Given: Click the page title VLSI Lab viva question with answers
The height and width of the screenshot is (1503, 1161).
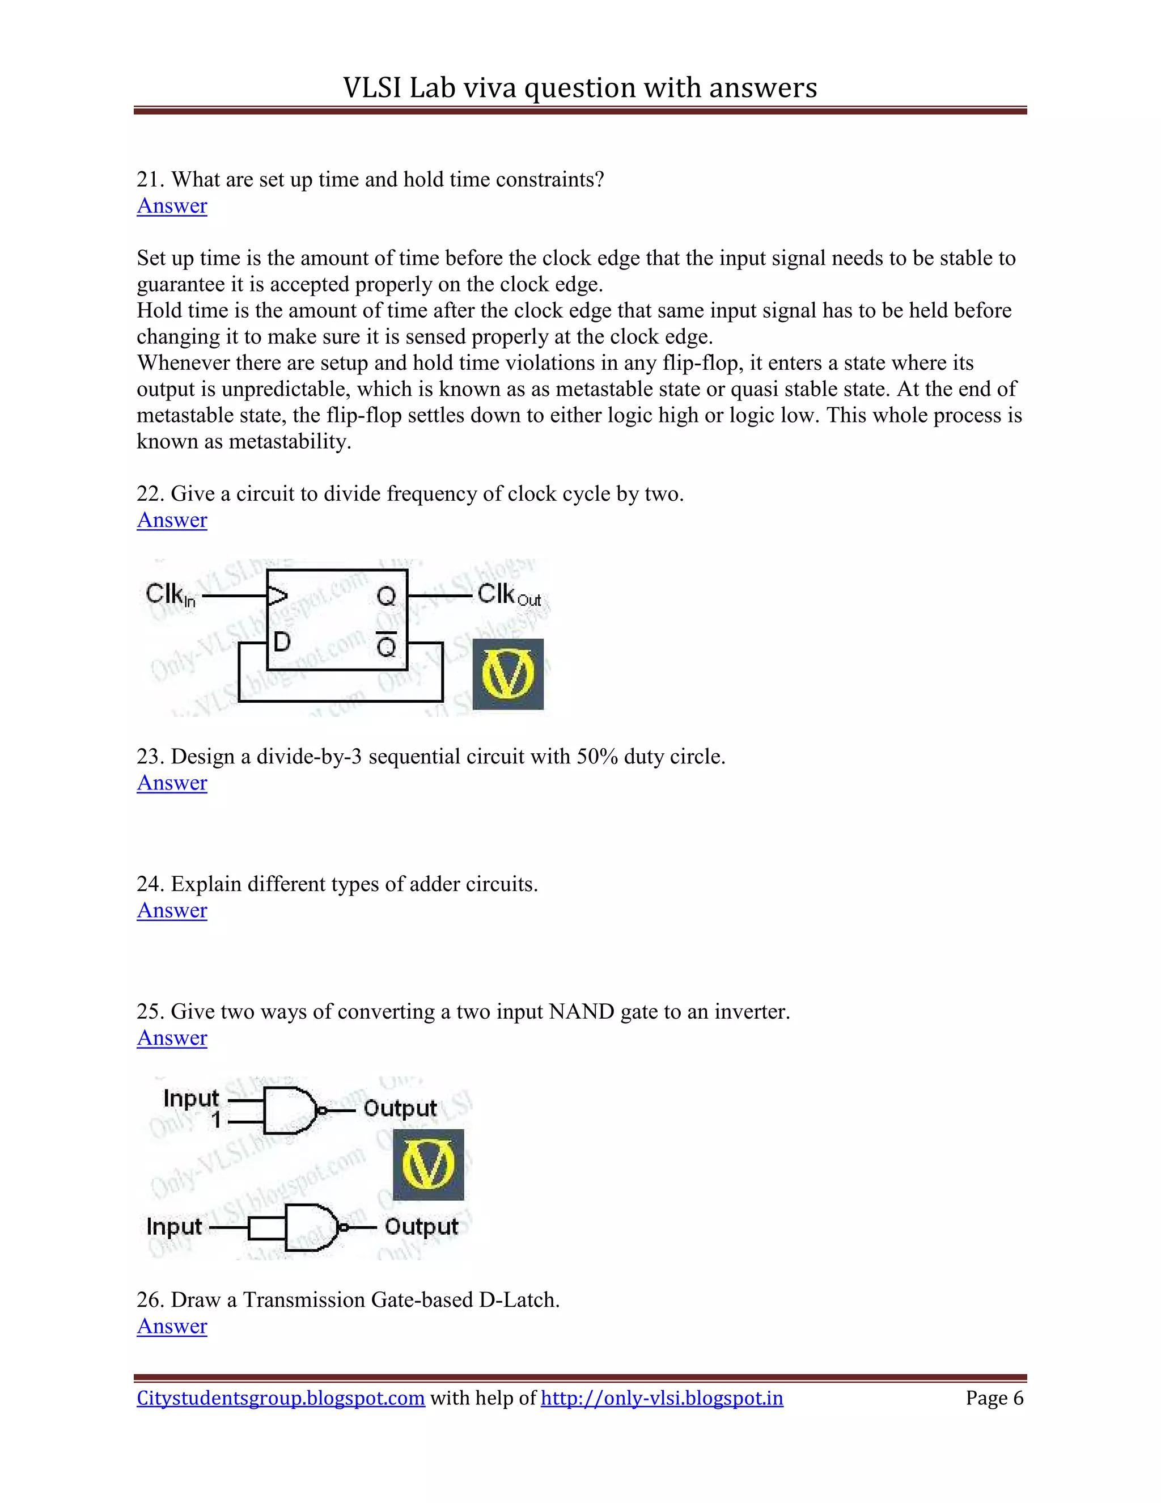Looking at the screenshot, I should click(580, 88).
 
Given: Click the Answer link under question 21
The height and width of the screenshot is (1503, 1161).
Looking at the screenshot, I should click(172, 206).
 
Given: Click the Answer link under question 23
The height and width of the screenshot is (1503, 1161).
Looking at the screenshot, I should click(172, 783).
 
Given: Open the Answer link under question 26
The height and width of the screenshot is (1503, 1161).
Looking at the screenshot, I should click(172, 1326).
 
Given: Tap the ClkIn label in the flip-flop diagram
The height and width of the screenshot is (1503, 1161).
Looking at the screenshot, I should click(170, 594).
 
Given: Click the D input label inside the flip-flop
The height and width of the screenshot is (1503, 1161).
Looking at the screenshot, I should click(282, 643).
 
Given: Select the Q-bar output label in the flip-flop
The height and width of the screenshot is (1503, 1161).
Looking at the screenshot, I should click(387, 645).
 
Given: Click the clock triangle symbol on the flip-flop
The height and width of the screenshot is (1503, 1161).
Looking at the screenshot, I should click(277, 596).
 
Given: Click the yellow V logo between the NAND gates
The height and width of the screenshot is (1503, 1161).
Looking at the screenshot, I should click(428, 1165).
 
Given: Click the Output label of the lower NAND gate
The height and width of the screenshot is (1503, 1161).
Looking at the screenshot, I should click(421, 1227).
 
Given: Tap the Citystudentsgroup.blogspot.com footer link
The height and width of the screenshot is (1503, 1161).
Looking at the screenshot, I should click(281, 1399).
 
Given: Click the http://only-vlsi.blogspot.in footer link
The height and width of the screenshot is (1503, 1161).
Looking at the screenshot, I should click(662, 1399).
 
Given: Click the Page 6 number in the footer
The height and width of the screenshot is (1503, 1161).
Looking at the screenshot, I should click(994, 1399).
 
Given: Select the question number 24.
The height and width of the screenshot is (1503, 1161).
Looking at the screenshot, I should click(149, 884).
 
